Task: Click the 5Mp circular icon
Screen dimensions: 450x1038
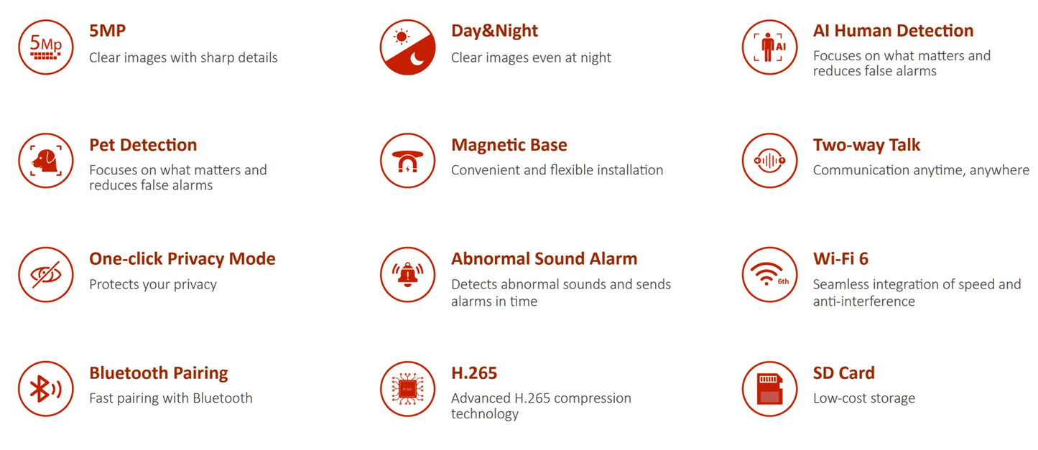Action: (46, 47)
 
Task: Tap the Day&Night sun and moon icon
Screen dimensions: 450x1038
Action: (407, 47)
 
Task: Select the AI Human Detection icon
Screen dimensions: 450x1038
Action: (769, 47)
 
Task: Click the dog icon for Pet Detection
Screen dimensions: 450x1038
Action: (46, 161)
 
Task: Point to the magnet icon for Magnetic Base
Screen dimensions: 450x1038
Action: (407, 161)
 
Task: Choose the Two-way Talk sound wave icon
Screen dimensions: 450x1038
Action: (769, 161)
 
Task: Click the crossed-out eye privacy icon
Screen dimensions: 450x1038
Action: (46, 275)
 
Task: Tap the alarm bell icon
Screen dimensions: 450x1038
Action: (407, 275)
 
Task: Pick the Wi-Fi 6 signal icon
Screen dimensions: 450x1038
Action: (769, 275)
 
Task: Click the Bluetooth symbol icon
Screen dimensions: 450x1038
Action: (46, 389)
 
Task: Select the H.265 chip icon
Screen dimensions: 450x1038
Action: (407, 389)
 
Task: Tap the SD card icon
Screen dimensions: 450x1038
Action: (769, 389)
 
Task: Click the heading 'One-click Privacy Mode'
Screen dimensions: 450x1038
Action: (182, 259)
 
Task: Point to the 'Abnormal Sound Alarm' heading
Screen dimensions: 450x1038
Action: (544, 259)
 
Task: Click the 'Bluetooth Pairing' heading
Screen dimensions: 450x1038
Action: (158, 373)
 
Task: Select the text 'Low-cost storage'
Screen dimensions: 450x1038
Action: (863, 398)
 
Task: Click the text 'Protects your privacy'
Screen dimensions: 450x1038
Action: (152, 285)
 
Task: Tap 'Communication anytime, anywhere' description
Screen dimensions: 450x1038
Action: (921, 171)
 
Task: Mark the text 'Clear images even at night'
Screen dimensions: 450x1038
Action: (531, 57)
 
